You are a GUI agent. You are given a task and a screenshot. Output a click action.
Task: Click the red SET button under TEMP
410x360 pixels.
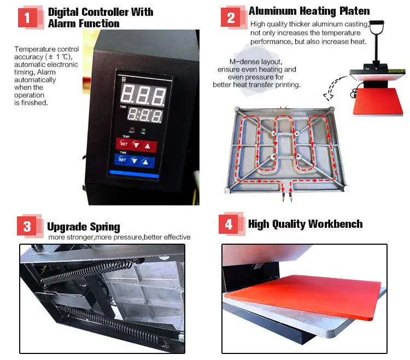click(x=124, y=145)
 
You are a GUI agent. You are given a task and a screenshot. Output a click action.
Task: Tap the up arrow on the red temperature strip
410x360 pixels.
click(x=146, y=145)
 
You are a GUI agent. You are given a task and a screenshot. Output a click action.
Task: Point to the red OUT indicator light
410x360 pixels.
click(x=132, y=127)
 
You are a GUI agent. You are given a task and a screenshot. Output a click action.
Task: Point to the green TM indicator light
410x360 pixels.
click(x=143, y=127)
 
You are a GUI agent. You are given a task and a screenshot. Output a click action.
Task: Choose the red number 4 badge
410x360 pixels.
click(x=229, y=225)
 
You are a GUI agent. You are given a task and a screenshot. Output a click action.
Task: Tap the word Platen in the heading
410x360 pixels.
click(x=350, y=10)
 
